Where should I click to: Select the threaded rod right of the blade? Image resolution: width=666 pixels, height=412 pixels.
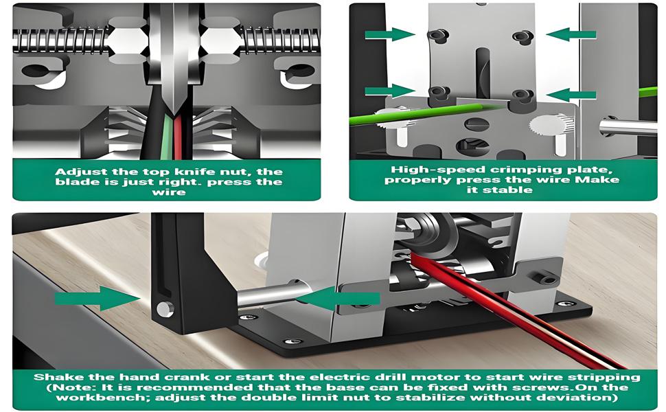282,38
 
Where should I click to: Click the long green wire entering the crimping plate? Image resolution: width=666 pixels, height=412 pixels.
391,117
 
